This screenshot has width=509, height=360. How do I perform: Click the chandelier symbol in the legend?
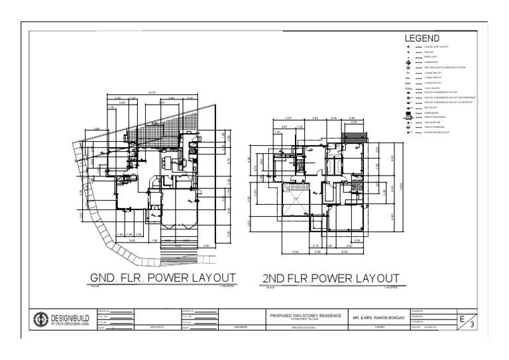click(408, 62)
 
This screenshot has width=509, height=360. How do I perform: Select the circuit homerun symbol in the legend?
click(408, 127)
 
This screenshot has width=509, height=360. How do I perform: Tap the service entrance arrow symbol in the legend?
click(408, 117)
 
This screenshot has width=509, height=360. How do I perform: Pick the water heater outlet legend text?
click(438, 133)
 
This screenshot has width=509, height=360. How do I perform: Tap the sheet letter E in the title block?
click(463, 319)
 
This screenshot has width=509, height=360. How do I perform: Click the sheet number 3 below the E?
click(471, 325)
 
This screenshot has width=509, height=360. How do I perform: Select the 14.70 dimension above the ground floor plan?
click(152, 93)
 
